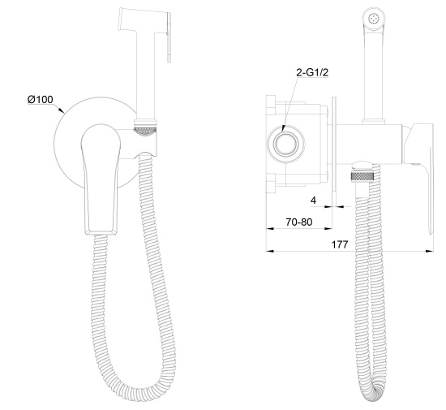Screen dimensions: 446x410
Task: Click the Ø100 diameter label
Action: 40,99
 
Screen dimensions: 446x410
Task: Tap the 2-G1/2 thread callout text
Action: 312,72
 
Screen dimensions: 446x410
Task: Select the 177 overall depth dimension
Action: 340,244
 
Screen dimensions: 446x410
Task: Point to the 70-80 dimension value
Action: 298,222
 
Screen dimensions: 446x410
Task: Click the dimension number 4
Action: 313,201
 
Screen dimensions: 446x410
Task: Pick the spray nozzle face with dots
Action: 374,19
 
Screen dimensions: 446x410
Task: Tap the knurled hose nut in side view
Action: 362,176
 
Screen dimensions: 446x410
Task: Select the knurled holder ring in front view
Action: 145,132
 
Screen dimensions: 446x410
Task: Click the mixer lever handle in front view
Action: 101,179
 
